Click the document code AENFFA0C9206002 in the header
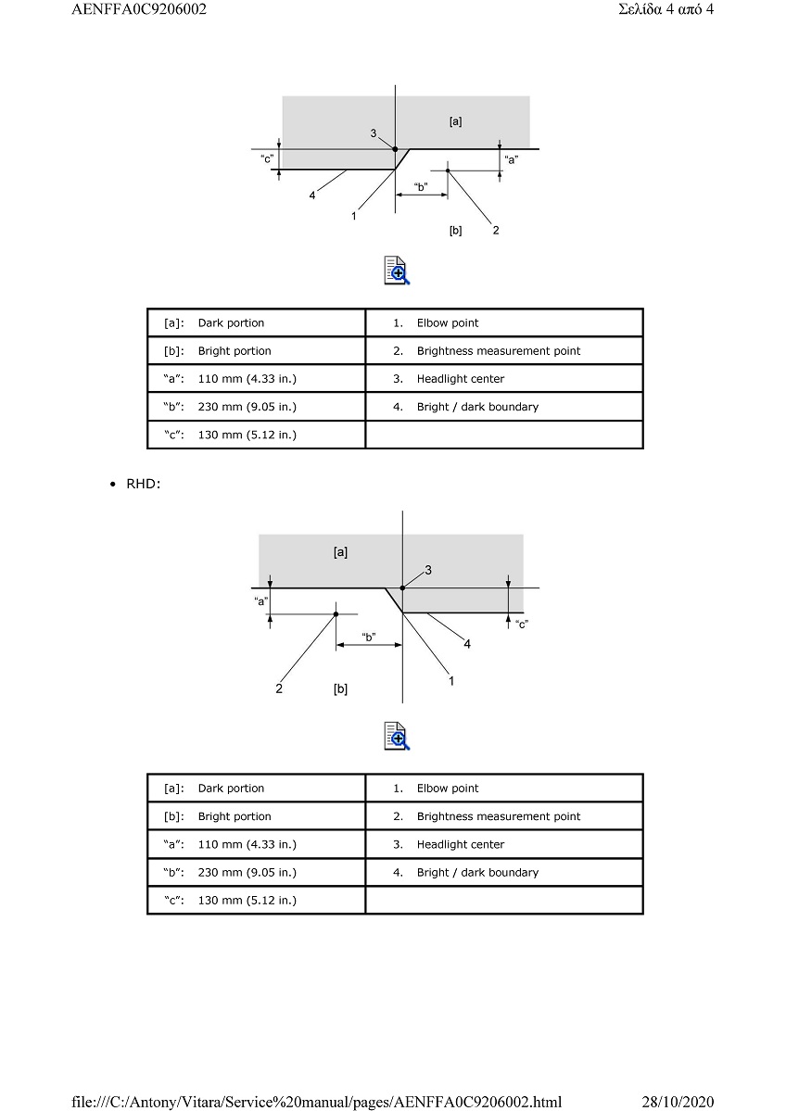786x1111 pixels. pyautogui.click(x=139, y=9)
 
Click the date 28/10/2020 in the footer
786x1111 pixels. pyautogui.click(x=678, y=1102)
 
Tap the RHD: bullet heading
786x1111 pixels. pyautogui.click(x=143, y=484)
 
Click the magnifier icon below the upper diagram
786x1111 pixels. pyautogui.click(x=397, y=271)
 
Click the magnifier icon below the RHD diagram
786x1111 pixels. pyautogui.click(x=397, y=736)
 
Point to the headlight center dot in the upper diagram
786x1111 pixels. pyautogui.click(x=396, y=149)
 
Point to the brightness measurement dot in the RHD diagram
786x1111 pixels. pyautogui.click(x=336, y=614)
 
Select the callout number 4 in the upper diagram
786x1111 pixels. pyautogui.click(x=311, y=196)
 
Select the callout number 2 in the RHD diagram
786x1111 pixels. pyautogui.click(x=279, y=688)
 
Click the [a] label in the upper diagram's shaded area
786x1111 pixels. pyautogui.click(x=456, y=122)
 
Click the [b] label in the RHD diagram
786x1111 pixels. pyautogui.click(x=340, y=688)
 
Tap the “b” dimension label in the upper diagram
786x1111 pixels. pyautogui.click(x=421, y=187)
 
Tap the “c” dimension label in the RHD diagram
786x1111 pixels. pyautogui.click(x=523, y=625)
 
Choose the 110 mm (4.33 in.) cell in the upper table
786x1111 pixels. pyautogui.click(x=247, y=379)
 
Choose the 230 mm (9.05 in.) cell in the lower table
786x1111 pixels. pyautogui.click(x=247, y=873)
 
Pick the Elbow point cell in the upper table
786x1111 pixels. pyautogui.click(x=448, y=323)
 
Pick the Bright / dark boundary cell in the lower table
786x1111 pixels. pyautogui.click(x=477, y=873)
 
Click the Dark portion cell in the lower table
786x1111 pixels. pyautogui.click(x=231, y=789)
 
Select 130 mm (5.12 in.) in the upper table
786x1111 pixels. pyautogui.click(x=247, y=436)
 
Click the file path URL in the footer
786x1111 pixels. pyautogui.click(x=317, y=1102)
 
